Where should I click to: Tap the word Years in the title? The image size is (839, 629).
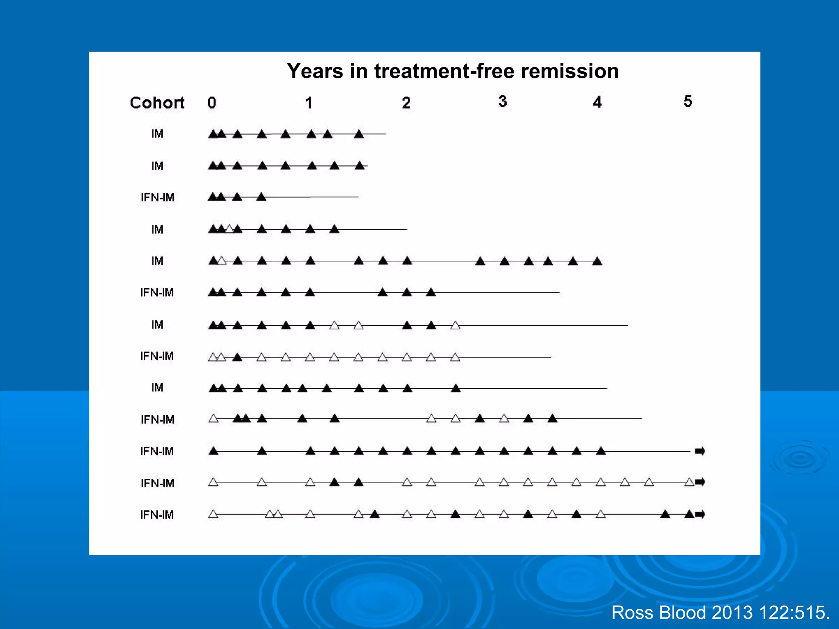tap(315, 71)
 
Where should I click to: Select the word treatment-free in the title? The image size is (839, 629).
tap(444, 71)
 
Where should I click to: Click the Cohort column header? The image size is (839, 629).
tap(157, 103)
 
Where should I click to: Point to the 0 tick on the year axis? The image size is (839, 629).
tap(212, 103)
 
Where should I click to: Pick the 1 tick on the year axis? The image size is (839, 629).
tap(309, 103)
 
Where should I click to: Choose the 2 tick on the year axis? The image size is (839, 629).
tap(406, 103)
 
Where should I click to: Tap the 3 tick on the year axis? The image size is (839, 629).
tap(503, 101)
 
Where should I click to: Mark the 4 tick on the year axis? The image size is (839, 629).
tap(597, 102)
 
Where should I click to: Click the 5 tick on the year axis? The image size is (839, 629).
tap(688, 101)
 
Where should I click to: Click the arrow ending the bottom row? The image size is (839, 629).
tap(700, 514)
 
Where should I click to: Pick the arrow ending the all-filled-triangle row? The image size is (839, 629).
tap(700, 451)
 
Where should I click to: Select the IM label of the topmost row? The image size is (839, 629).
tap(157, 134)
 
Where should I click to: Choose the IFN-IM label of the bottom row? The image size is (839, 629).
tap(157, 515)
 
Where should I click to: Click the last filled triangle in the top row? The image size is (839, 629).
tap(359, 134)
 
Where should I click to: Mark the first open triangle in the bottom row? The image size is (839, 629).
tap(213, 514)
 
